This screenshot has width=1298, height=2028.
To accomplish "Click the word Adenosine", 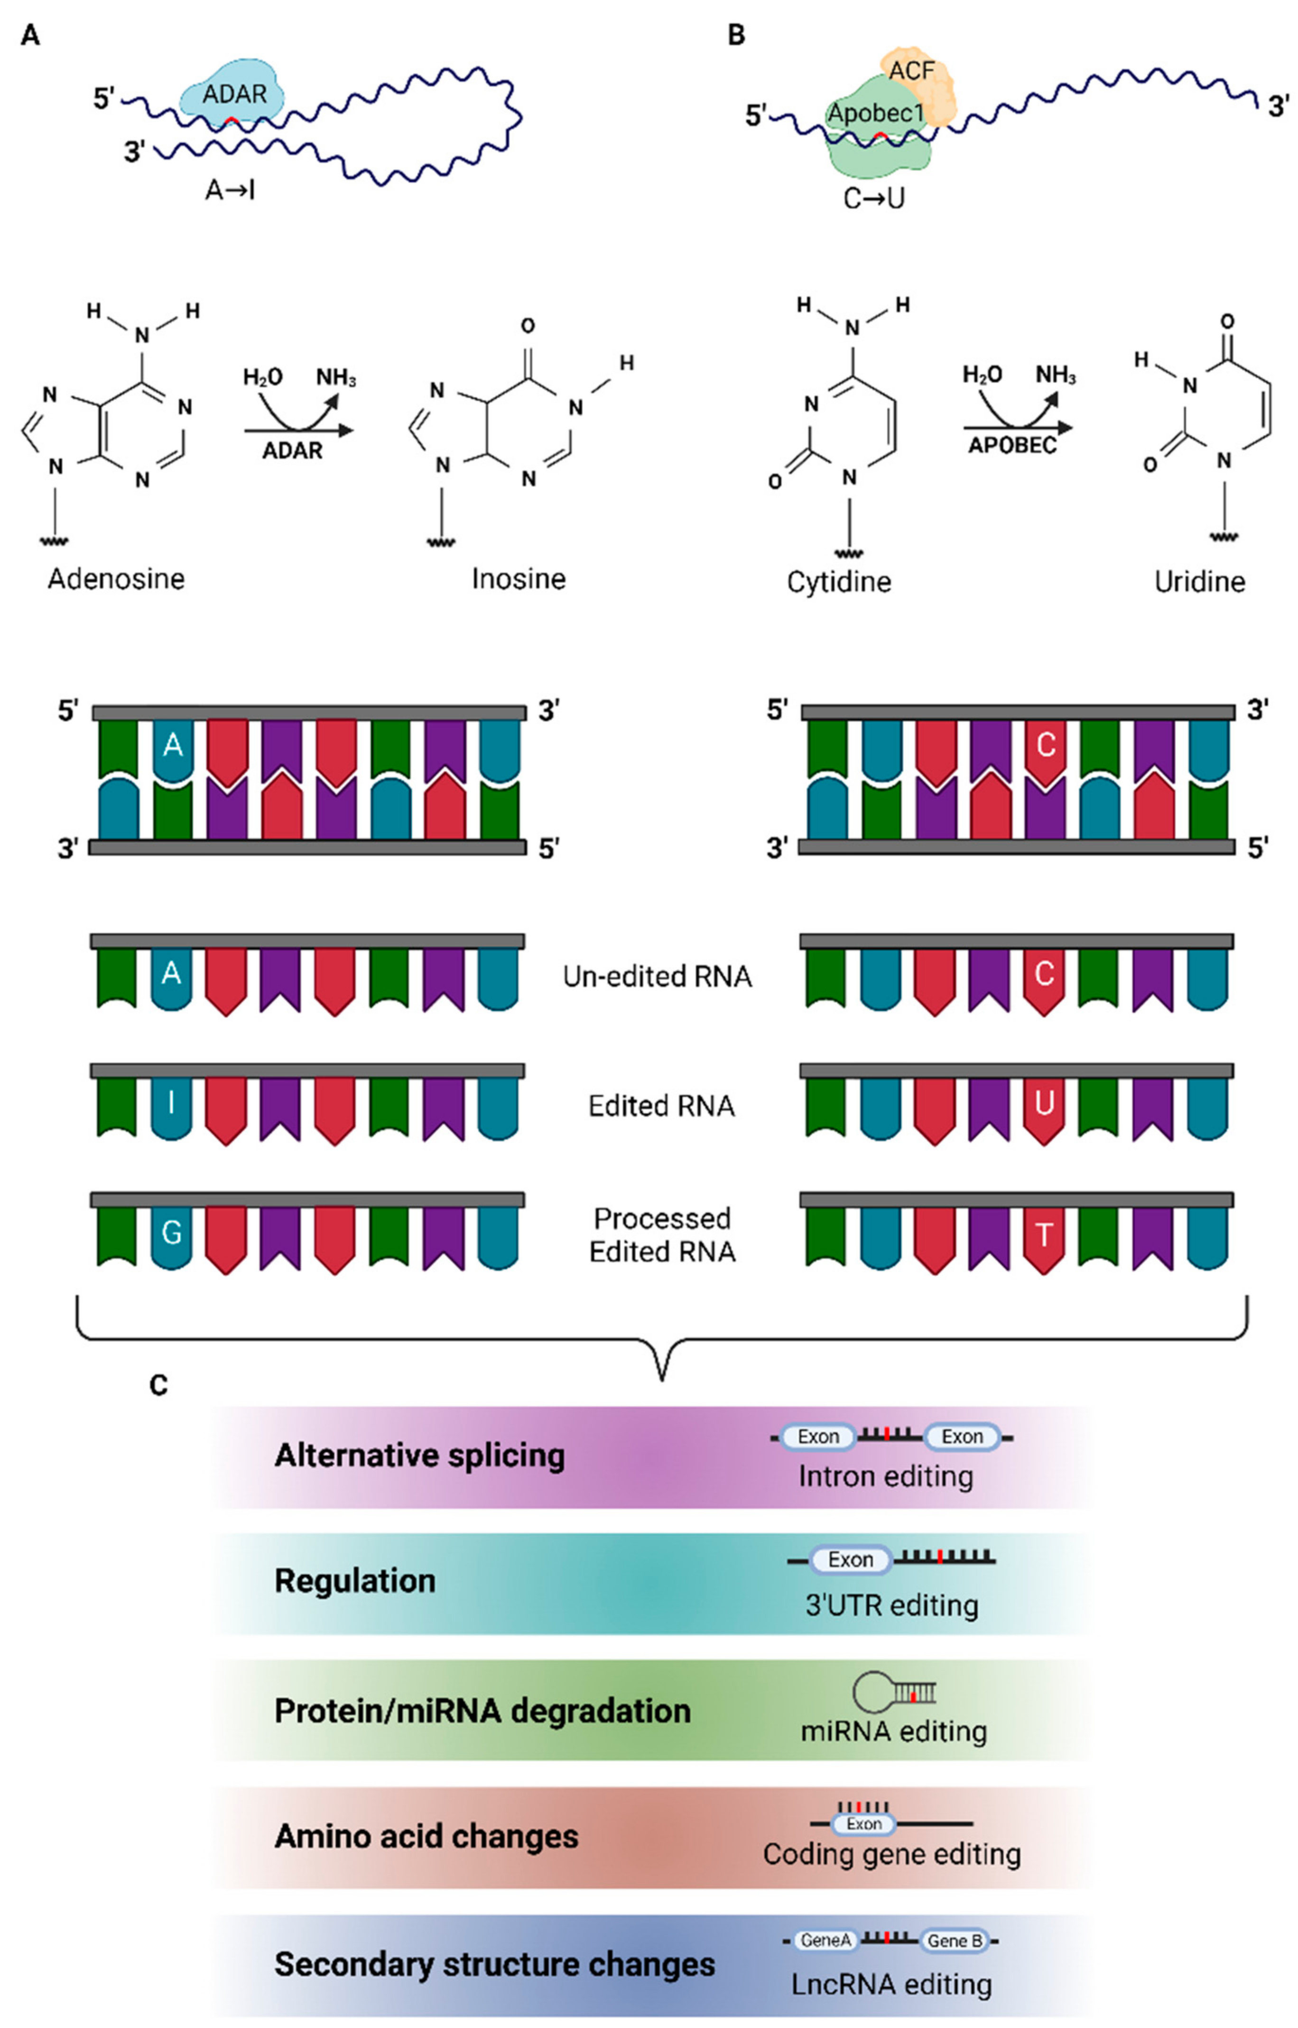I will pyautogui.click(x=116, y=579).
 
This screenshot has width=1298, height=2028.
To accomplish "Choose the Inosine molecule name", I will pyautogui.click(x=519, y=579).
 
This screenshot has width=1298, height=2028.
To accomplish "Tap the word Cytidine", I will pyautogui.click(x=839, y=582).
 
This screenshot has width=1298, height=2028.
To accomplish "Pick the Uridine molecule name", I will pyautogui.click(x=1199, y=582).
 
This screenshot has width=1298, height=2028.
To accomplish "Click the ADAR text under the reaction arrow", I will pyautogui.click(x=292, y=451).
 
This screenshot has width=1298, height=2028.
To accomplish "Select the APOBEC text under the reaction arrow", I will pyautogui.click(x=1011, y=445).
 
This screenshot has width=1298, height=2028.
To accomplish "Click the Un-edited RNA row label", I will pyautogui.click(x=658, y=976).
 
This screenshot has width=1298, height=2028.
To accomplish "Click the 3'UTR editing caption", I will pyautogui.click(x=892, y=1605).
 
